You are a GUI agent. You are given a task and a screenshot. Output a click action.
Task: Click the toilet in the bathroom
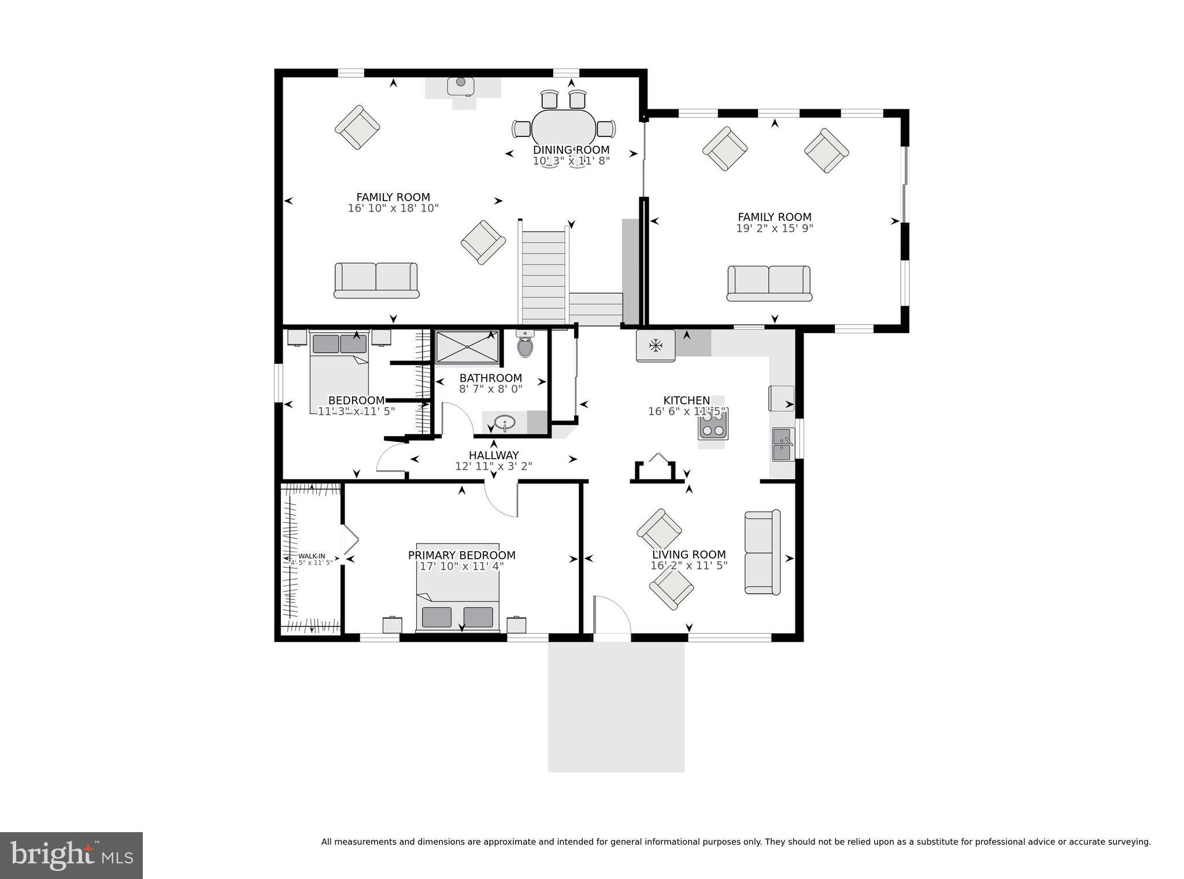525,345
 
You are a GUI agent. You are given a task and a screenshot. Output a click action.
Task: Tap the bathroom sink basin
505,423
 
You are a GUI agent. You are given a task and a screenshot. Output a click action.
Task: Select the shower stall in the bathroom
467,347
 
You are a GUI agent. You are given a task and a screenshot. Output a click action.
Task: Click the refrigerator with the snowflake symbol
656,346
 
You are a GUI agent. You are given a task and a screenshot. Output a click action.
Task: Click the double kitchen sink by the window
783,444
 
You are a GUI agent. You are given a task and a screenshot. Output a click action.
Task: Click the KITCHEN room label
686,400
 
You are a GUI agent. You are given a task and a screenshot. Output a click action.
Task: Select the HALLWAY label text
494,455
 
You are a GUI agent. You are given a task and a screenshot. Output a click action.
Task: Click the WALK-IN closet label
312,556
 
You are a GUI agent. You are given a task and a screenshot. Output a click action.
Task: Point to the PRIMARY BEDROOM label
461,555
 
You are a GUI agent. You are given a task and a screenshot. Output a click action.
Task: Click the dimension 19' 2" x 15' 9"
774,228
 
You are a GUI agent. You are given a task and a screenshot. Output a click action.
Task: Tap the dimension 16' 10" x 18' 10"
393,208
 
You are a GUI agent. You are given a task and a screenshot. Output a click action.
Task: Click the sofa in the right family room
769,283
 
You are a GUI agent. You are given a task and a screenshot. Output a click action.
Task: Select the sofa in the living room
762,552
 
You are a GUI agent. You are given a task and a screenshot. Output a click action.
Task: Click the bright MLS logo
71,855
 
